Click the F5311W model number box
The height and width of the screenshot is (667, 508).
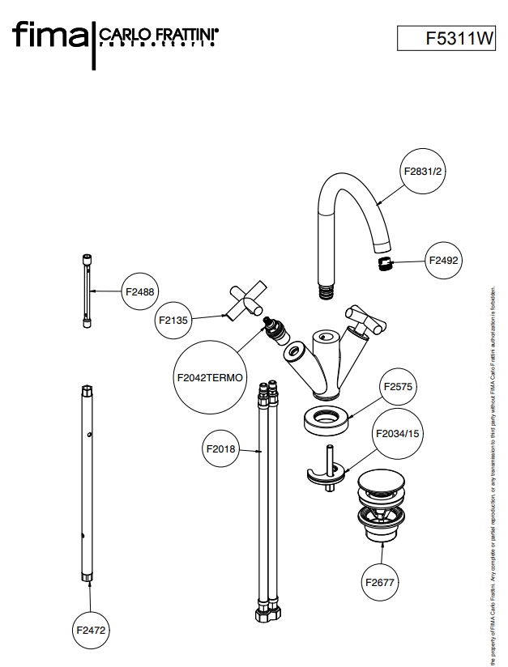pos(446,38)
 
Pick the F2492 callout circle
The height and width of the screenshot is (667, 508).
pos(445,261)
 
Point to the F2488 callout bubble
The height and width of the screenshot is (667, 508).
pos(139,290)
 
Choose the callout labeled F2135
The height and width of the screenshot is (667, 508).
pos(173,320)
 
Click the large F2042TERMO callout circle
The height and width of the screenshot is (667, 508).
pos(210,377)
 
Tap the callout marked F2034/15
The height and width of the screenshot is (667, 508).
pos(398,434)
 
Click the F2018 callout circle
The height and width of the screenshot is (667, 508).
pos(220,448)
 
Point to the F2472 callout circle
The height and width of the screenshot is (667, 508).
pos(91,629)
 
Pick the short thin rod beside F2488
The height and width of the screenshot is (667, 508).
pos(87,291)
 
